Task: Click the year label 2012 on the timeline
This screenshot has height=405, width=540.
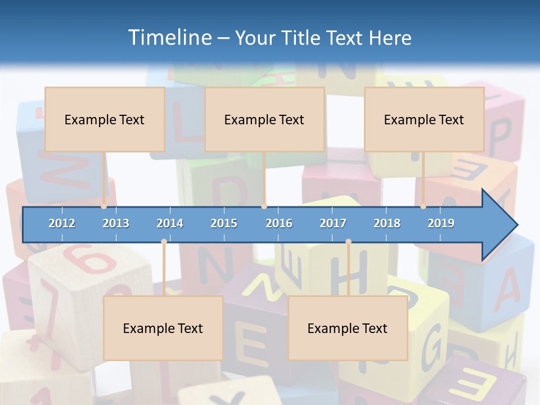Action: tap(62, 223)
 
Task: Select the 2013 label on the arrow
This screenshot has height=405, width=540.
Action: tap(116, 223)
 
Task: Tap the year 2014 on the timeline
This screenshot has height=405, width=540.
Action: tap(170, 223)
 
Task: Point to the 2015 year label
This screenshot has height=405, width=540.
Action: tap(224, 223)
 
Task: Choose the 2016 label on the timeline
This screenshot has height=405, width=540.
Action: tap(279, 223)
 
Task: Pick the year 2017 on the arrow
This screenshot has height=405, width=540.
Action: tap(333, 223)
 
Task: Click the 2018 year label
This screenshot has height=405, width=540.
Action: tap(387, 223)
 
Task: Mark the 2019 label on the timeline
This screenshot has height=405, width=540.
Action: tap(441, 223)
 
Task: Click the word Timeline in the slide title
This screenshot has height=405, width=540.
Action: tap(169, 38)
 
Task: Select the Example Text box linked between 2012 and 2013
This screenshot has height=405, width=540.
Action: tap(105, 119)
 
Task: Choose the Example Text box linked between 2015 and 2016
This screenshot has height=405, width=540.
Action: tap(264, 119)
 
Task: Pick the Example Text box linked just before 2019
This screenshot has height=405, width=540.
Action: tap(424, 119)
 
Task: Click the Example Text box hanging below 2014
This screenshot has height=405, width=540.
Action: tap(163, 328)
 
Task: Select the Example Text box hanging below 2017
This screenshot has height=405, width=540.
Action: tap(348, 328)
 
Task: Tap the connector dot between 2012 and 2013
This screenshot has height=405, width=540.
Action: tap(104, 206)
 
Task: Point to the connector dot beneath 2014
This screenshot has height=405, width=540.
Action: tap(164, 242)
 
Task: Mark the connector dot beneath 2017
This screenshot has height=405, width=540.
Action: tap(348, 242)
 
